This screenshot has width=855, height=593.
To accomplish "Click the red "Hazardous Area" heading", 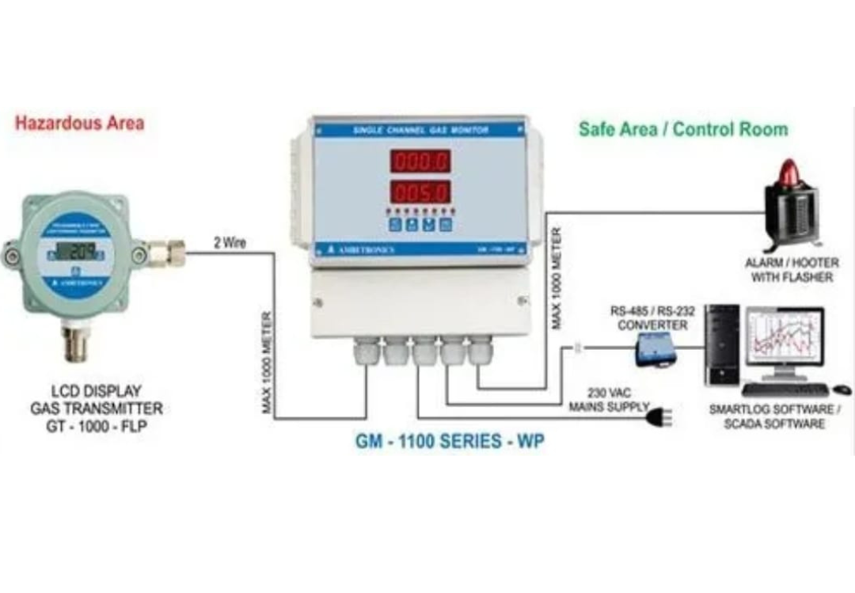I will coord(79,123).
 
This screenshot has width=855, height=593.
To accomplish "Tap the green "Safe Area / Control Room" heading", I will coord(683,128).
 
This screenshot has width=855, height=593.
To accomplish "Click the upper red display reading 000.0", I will coord(419,162).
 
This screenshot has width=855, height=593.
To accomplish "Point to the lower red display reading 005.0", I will coord(419,192).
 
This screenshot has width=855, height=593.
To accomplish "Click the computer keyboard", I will coord(784,390).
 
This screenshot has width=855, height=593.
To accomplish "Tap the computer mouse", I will coord(842,390).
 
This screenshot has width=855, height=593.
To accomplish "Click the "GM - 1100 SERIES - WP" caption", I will coord(449,442).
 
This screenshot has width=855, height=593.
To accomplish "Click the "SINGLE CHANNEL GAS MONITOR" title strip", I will coord(420,129).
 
